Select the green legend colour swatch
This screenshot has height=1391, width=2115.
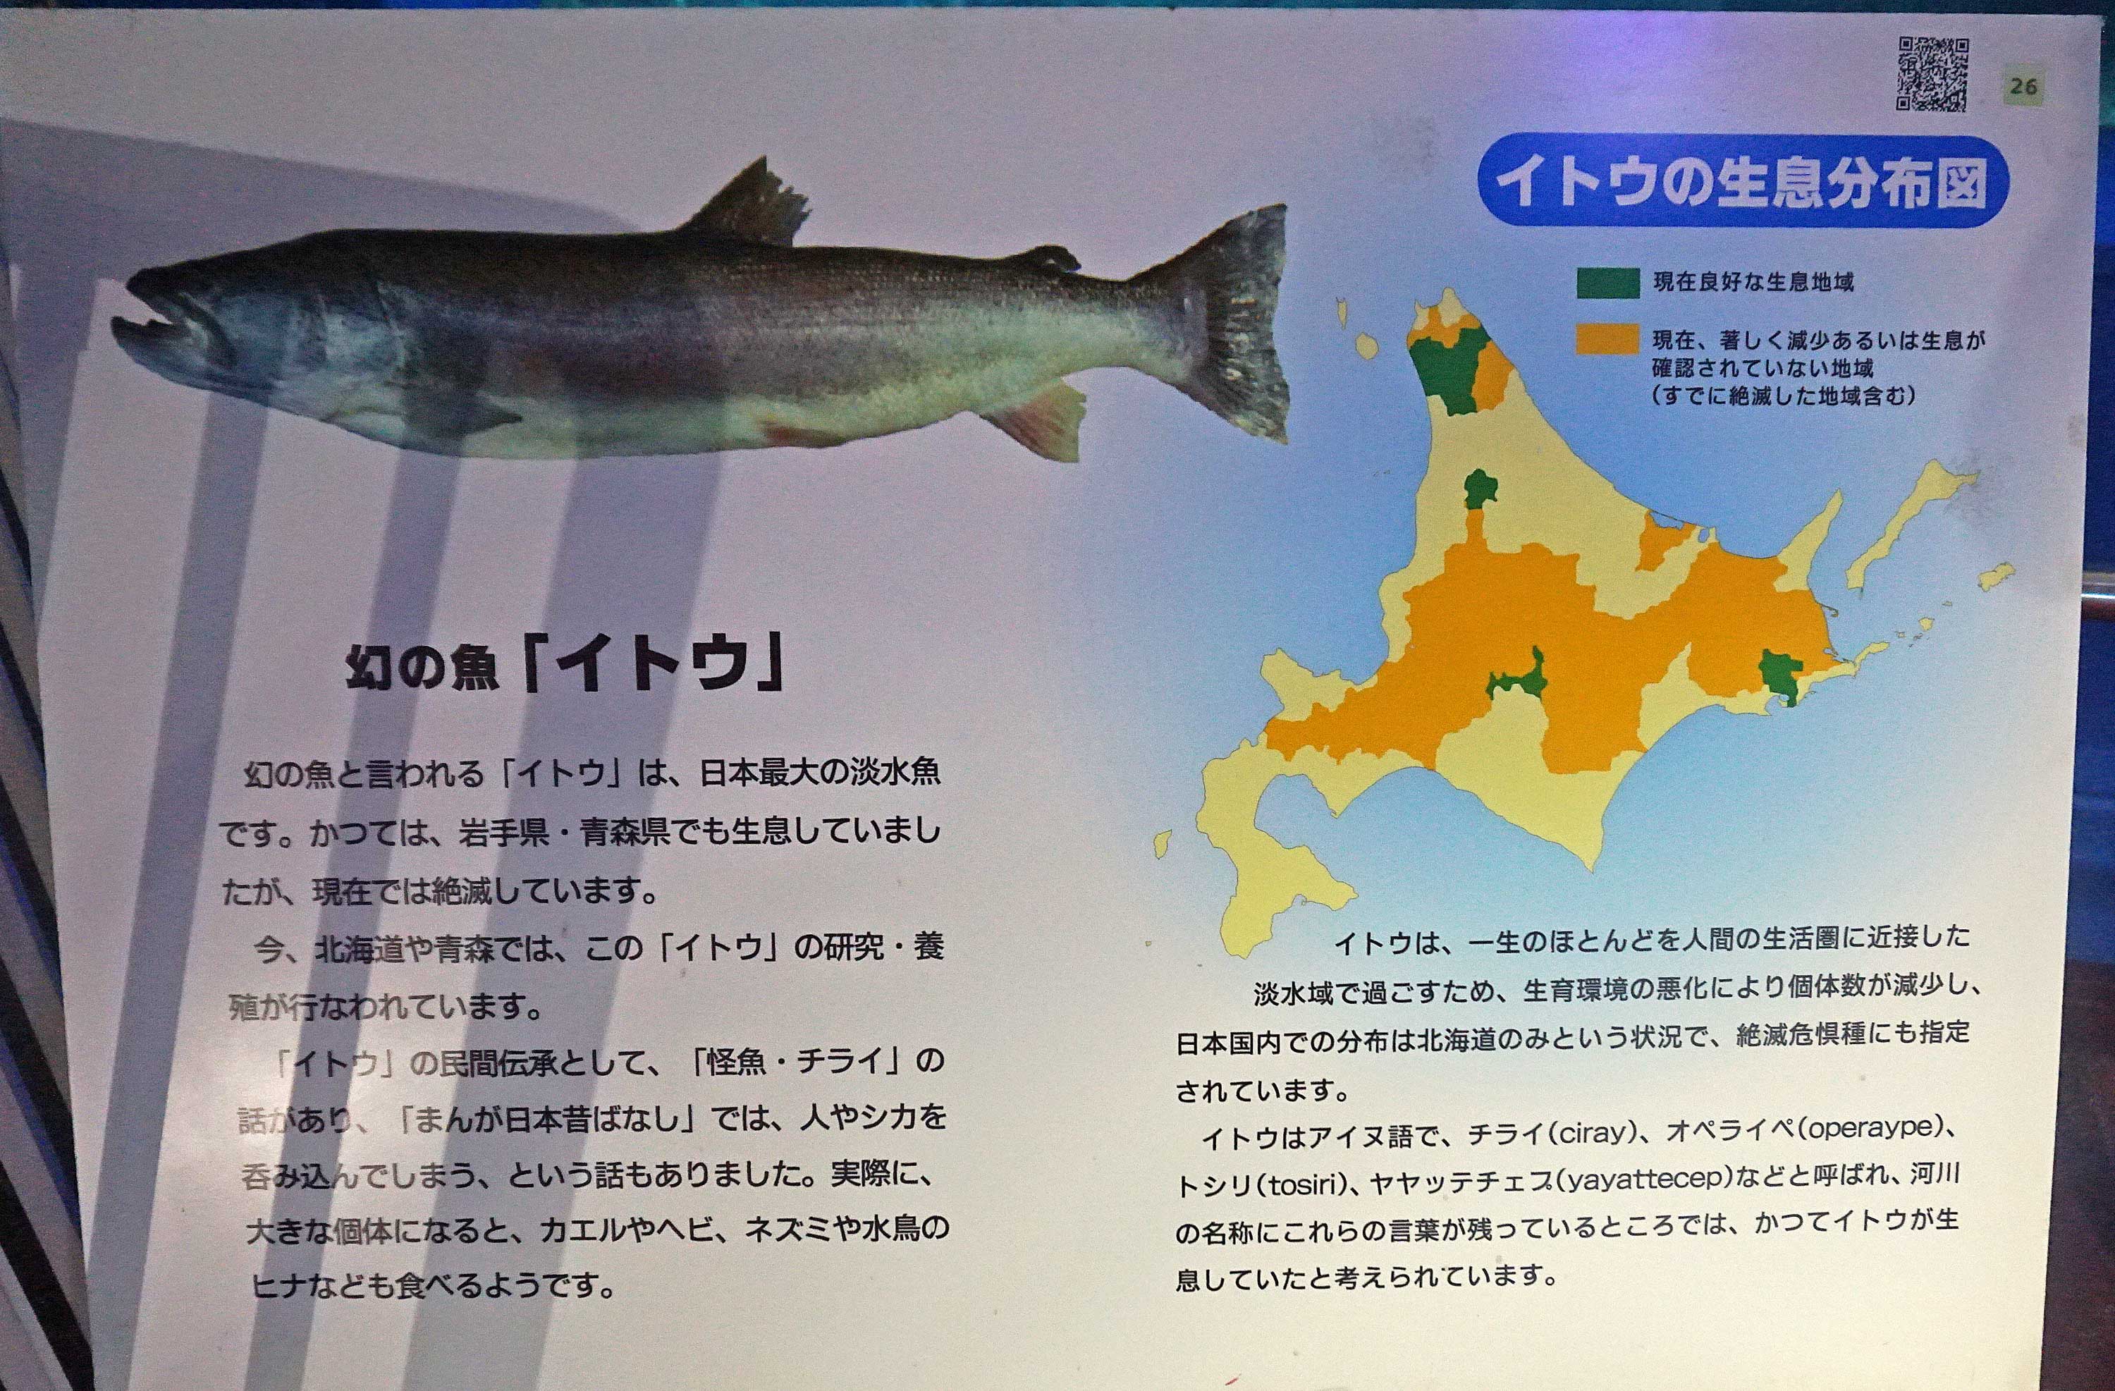[1607, 283]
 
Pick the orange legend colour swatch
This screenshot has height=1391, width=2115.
[1607, 340]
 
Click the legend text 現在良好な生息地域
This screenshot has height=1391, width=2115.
[1753, 283]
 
